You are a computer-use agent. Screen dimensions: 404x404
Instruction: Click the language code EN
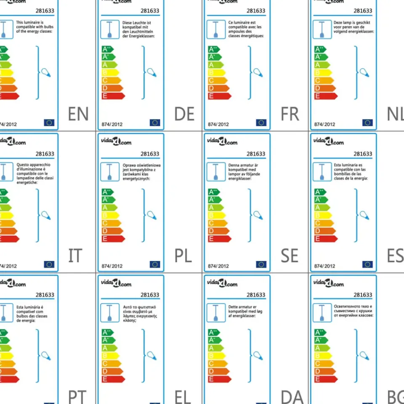(78, 114)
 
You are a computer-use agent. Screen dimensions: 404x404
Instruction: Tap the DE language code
(184, 114)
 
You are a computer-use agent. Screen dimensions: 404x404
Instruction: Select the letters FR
(290, 114)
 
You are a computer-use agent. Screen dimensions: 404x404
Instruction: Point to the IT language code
(75, 256)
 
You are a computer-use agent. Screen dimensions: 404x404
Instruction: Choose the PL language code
(183, 256)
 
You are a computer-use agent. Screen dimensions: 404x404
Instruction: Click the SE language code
(290, 256)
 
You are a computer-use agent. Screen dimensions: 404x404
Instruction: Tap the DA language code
(292, 397)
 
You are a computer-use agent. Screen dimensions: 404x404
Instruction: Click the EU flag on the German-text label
(155, 122)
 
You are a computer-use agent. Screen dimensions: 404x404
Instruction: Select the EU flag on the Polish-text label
(155, 264)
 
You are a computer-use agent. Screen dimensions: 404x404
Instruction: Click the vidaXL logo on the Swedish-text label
(222, 142)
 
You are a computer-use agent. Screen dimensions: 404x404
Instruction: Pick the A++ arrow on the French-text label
(214, 49)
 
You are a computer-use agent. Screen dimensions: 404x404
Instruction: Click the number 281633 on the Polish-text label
(150, 154)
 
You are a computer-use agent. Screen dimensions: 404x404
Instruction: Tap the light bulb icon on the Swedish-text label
(258, 215)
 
